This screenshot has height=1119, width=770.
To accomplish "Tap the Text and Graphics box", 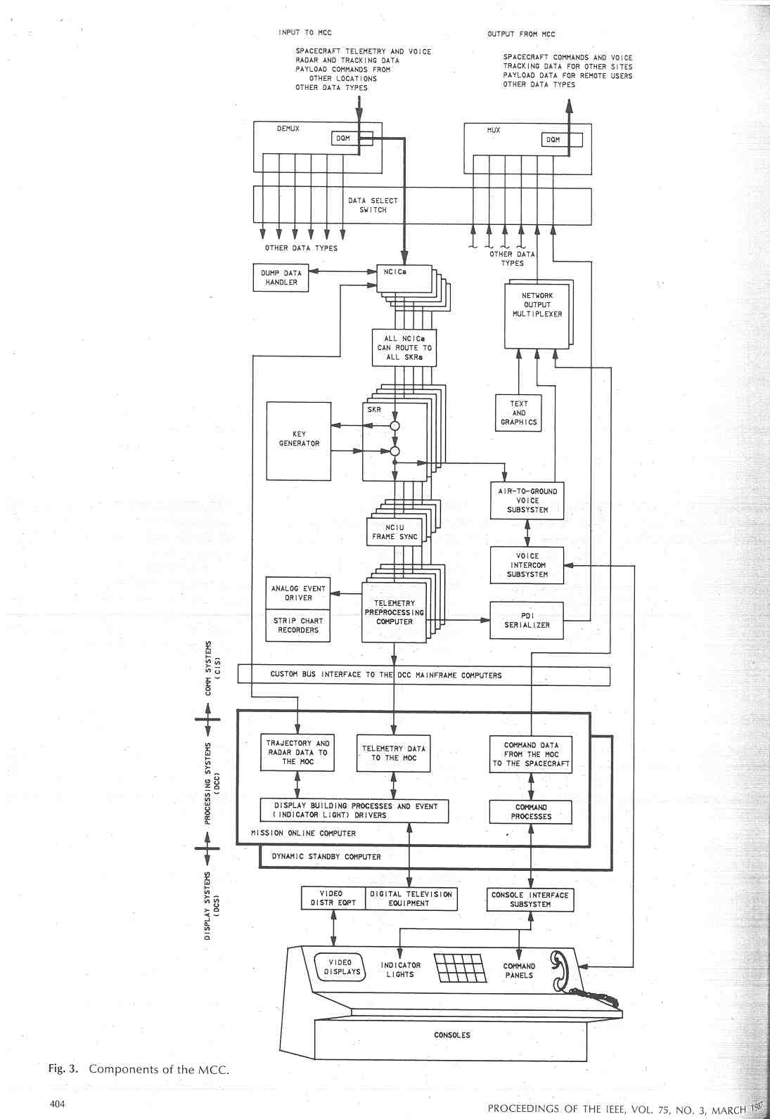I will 519,413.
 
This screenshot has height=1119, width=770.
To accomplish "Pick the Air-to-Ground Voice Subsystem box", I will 527,500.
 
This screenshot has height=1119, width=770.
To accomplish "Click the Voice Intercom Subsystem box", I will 527,565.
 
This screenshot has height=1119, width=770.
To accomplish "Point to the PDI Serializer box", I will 527,620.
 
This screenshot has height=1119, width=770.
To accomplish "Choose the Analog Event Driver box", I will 298,593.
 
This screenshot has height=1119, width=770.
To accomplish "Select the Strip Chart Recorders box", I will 298,626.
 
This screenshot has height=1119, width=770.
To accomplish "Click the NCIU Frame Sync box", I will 394,532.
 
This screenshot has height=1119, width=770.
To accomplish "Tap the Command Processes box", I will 531,812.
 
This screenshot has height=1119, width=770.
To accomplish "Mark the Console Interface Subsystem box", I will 530,900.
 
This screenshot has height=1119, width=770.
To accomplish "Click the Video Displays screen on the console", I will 342,967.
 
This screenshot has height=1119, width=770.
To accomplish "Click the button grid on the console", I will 461,968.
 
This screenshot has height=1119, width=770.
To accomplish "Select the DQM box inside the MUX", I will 553,140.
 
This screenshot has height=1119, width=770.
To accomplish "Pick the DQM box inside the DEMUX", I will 343,138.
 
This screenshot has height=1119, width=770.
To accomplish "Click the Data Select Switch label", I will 373,205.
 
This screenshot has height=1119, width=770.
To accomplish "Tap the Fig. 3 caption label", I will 139,1069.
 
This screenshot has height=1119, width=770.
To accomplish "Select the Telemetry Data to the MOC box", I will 394,753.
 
